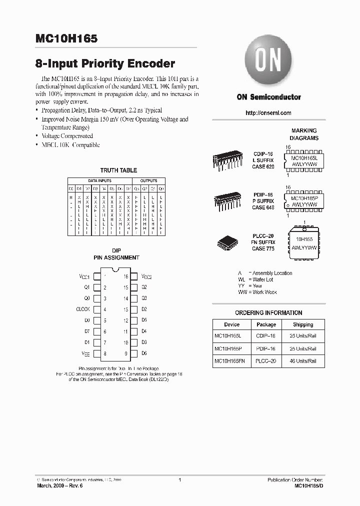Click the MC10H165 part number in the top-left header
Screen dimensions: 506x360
(x=66, y=38)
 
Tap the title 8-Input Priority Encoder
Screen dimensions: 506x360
(x=105, y=64)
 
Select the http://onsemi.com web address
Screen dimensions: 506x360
(x=268, y=113)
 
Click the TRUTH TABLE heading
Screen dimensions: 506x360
(x=118, y=170)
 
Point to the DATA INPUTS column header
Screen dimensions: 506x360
(x=100, y=180)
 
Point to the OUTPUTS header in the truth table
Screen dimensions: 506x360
(x=148, y=180)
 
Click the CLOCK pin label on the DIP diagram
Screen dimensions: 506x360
(x=83, y=309)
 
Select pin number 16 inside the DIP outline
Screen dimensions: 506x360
(x=126, y=276)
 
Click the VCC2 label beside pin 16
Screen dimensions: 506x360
(x=146, y=276)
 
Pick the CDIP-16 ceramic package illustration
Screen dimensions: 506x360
(x=227, y=160)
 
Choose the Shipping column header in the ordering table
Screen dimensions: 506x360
(x=303, y=324)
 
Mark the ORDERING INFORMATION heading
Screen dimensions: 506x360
(x=268, y=313)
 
